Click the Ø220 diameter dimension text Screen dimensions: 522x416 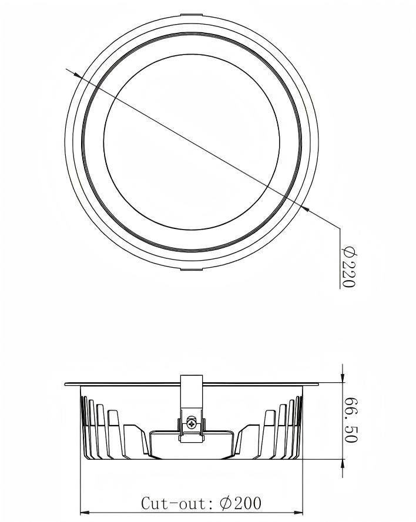(348, 268)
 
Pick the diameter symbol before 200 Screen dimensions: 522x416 (226, 503)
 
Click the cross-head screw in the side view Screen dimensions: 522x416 (191, 422)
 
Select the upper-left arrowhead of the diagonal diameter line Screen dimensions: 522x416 (77, 73)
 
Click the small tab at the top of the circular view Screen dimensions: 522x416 (191, 14)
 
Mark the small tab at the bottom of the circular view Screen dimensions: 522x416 (191, 270)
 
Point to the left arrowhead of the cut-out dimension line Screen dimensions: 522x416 (84, 511)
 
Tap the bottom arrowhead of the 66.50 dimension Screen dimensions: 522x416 (343, 463)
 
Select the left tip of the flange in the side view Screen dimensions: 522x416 (66, 385)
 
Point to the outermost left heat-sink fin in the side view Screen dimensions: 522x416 (82, 426)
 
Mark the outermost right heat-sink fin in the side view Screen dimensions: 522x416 (300, 426)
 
